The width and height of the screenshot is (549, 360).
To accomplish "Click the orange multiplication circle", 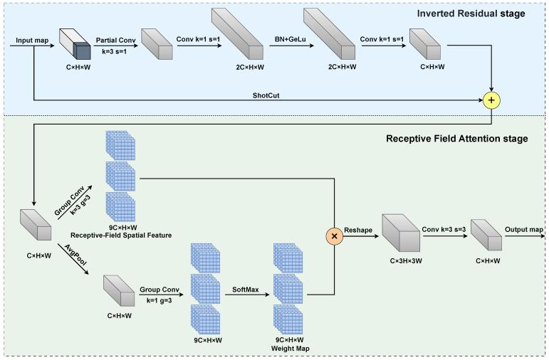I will tap(334, 235).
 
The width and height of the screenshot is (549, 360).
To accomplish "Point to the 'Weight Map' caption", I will tap(288, 349).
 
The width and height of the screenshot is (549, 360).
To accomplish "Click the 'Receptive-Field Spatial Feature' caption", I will tap(121, 235).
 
